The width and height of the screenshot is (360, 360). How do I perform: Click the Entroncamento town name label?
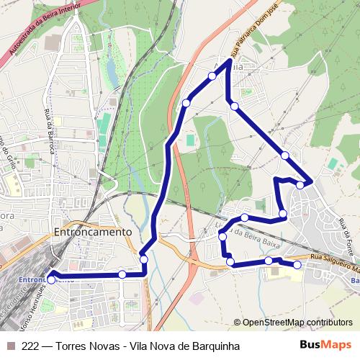(93, 233)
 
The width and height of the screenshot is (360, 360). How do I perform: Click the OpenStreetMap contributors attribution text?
(292, 323)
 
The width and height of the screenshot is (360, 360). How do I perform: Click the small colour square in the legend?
(10, 345)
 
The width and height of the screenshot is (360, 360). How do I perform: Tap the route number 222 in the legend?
(31, 345)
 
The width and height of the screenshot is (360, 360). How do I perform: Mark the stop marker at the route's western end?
(51, 274)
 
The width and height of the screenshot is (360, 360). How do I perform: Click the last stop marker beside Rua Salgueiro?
(297, 266)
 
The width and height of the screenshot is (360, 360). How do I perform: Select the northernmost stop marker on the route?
(212, 76)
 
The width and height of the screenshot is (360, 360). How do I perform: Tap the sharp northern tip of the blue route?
(228, 62)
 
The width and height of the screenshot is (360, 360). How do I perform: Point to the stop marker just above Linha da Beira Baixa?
(245, 217)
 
